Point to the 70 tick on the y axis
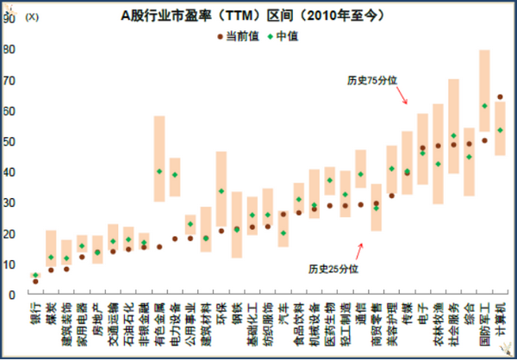[x=10, y=80]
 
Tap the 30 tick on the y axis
[x=10, y=202]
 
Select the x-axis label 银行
[x=35, y=311]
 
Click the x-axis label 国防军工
[x=484, y=320]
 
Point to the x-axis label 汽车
[x=283, y=311]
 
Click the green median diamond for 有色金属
[x=159, y=171]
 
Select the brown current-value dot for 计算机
[x=500, y=97]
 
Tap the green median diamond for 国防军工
[x=484, y=106]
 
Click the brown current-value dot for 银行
[x=35, y=281]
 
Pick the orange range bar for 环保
[x=221, y=189]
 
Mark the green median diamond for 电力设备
[x=175, y=175]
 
